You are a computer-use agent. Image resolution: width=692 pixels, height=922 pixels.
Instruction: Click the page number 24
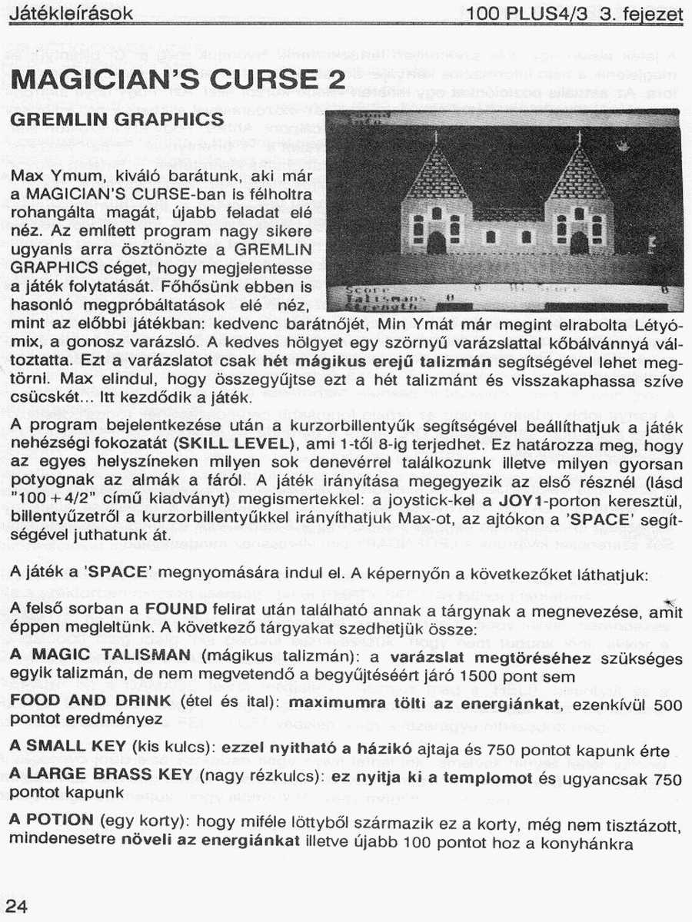point(17,906)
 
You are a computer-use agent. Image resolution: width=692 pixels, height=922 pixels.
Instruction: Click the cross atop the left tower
point(435,138)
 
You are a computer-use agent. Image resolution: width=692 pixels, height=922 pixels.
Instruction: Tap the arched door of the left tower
point(436,243)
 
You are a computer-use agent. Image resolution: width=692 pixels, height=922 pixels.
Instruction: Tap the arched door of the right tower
point(579,243)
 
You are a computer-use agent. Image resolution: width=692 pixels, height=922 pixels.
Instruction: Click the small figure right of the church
point(651,244)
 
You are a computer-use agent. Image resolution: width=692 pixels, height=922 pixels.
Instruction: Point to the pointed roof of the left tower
point(435,173)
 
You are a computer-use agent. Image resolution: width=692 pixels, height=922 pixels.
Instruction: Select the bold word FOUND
point(176,610)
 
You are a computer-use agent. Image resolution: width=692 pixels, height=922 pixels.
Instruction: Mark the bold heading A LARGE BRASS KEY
point(101,774)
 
